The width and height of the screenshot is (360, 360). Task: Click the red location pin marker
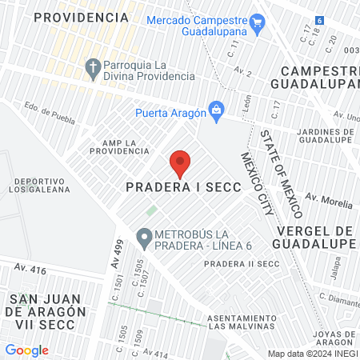click(x=180, y=163)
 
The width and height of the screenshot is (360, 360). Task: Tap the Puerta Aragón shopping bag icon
click(x=215, y=110)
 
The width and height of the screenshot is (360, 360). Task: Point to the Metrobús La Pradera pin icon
click(x=144, y=237)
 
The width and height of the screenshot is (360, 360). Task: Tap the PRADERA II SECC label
click(x=241, y=265)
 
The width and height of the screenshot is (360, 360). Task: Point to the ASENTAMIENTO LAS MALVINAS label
click(x=241, y=322)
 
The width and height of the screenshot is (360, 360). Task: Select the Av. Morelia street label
click(x=329, y=201)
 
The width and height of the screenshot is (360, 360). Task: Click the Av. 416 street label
click(x=30, y=270)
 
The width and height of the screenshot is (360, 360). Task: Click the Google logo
click(x=26, y=350)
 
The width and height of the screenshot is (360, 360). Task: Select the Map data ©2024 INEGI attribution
click(x=311, y=353)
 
